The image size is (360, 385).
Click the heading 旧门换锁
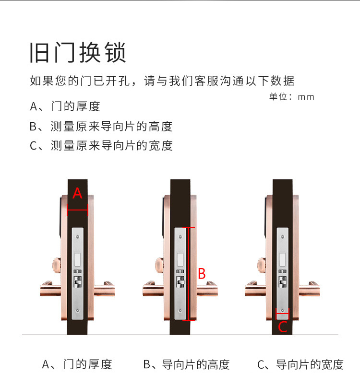pos(78,53)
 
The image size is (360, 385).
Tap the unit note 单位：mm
pos(291,96)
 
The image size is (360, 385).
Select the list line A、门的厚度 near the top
pos(65,106)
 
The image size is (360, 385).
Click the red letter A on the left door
pos(77,194)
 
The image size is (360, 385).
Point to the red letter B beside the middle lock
pos(202,274)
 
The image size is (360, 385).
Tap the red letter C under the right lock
pos(283,327)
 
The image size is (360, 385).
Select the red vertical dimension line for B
pos(190,273)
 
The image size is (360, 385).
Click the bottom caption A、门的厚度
pos(77,364)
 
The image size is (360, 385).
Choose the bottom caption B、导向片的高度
pos(186,364)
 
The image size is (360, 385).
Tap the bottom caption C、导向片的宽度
pos(300,364)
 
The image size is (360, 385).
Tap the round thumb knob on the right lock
pos(261,265)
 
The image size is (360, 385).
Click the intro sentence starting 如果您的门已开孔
pos(162,81)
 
